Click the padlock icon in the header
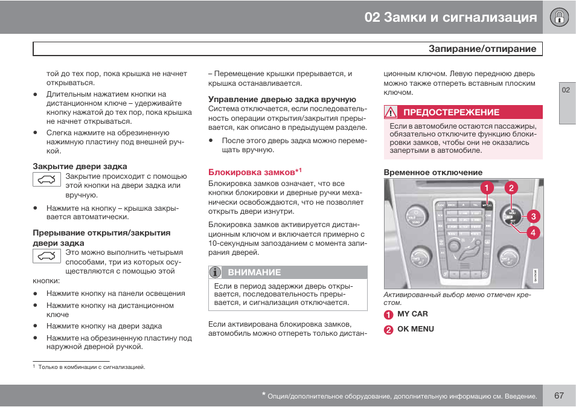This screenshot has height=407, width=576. point(559,17)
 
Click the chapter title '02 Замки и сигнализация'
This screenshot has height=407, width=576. point(450,17)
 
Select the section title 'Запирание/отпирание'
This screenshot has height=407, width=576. point(482,49)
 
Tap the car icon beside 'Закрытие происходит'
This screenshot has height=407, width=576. point(46,179)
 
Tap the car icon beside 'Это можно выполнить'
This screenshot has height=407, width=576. point(46,256)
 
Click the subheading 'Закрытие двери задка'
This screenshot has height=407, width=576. point(80,166)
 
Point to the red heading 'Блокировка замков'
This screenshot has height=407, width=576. point(252,172)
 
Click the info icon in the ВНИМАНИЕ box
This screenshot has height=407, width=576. point(215,272)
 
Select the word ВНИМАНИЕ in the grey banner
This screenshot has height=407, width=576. point(254,272)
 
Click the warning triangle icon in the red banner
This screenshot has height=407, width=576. point(391,112)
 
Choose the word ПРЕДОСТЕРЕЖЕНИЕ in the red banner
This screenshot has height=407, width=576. point(451,112)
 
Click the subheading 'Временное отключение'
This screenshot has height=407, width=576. point(433,172)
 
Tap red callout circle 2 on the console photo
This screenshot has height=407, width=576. point(511,188)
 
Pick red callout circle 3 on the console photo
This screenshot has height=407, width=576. point(533,216)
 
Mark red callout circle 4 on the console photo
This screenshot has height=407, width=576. point(533,232)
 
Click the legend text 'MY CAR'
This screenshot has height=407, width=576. point(412,314)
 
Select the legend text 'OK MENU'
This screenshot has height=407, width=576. point(415,329)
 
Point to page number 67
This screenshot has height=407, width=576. point(558,396)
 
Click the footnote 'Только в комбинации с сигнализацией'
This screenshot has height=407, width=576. point(91,367)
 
